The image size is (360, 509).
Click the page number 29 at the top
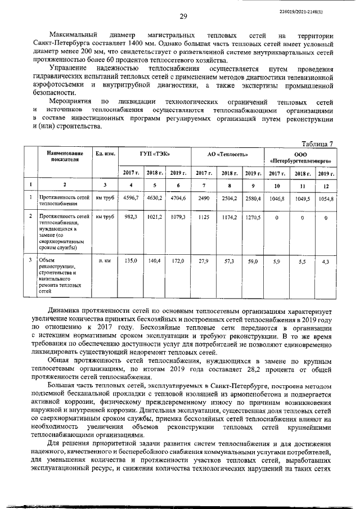click(183, 16)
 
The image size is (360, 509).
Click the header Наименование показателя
click(61, 156)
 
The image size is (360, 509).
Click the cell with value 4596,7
click(130, 198)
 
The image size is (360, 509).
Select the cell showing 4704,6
click(178, 198)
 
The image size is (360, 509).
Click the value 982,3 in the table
click(130, 216)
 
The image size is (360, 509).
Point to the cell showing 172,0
click(178, 261)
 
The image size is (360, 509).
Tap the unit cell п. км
click(104, 261)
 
